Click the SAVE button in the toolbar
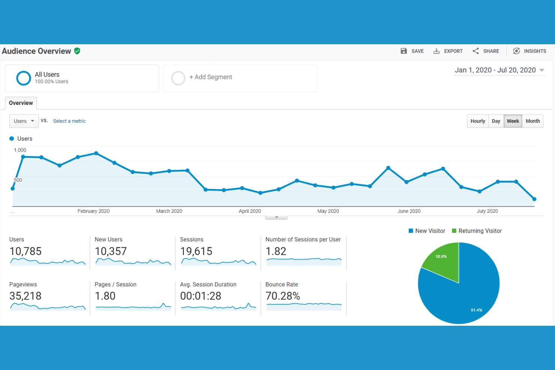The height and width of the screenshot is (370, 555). point(412,51)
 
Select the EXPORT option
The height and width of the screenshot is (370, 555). point(448,51)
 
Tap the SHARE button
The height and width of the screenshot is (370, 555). point(486,51)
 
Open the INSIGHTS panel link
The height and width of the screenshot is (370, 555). point(529,51)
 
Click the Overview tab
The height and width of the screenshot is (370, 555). point(21,103)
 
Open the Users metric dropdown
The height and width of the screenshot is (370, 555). point(24,121)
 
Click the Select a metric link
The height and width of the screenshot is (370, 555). point(69,121)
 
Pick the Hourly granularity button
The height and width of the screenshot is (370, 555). point(478,121)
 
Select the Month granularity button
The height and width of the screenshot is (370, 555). point(532,121)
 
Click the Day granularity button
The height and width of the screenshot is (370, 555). point(496,121)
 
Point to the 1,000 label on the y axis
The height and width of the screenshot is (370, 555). point(20,150)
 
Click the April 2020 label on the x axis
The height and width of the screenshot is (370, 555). point(250,211)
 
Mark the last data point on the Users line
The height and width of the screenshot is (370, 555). point(534,199)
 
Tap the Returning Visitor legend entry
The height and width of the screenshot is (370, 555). point(477,231)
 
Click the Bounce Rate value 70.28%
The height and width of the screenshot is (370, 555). point(283,296)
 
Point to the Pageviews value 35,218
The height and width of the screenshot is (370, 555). point(25,296)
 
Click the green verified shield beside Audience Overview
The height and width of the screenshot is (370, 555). point(77,51)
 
